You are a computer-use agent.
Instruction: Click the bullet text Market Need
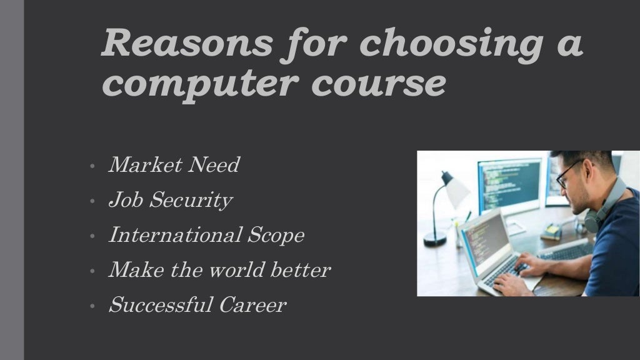(174, 166)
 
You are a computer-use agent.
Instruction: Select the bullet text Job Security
(170, 201)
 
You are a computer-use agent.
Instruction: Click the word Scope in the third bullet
(276, 236)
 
